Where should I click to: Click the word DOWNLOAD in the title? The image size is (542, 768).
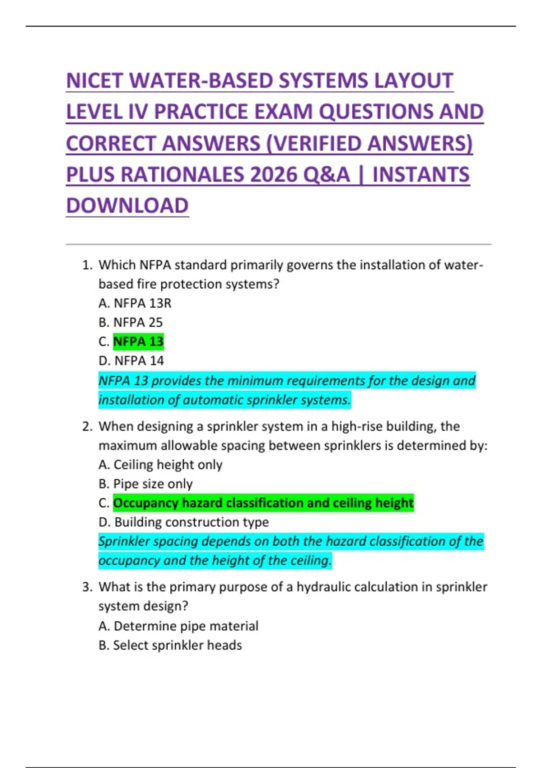(127, 206)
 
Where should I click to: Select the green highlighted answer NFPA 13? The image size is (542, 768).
(138, 342)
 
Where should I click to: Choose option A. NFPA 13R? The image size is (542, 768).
(135, 303)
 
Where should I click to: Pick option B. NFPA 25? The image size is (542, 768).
(131, 323)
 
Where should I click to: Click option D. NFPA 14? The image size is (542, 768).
(131, 361)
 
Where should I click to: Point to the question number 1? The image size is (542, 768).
(87, 265)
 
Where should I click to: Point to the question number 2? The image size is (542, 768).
(87, 426)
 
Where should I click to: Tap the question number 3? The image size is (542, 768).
(87, 587)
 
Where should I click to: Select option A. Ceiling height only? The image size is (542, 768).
(160, 465)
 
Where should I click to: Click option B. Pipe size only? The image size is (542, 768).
(145, 484)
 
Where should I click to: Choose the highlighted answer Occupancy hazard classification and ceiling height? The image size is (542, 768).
(263, 503)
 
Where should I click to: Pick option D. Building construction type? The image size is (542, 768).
(183, 522)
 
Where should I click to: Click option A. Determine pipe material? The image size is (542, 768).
(178, 626)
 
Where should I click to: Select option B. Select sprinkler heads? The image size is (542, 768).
(170, 645)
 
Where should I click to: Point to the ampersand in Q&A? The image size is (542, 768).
(327, 175)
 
